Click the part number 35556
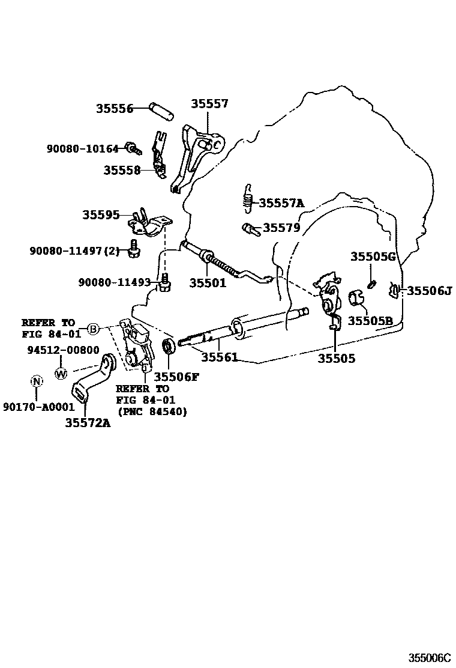(x=114, y=109)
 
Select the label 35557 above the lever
(x=209, y=104)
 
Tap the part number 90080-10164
(x=83, y=148)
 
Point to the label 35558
(x=121, y=170)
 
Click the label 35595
(x=101, y=214)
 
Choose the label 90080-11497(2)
(x=74, y=251)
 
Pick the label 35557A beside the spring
(x=281, y=204)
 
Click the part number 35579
(x=281, y=228)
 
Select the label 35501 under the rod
(x=208, y=282)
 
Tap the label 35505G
(x=373, y=257)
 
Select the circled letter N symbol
(x=37, y=381)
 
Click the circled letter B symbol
(x=93, y=328)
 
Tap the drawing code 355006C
(x=429, y=658)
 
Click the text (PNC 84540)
(x=151, y=411)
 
